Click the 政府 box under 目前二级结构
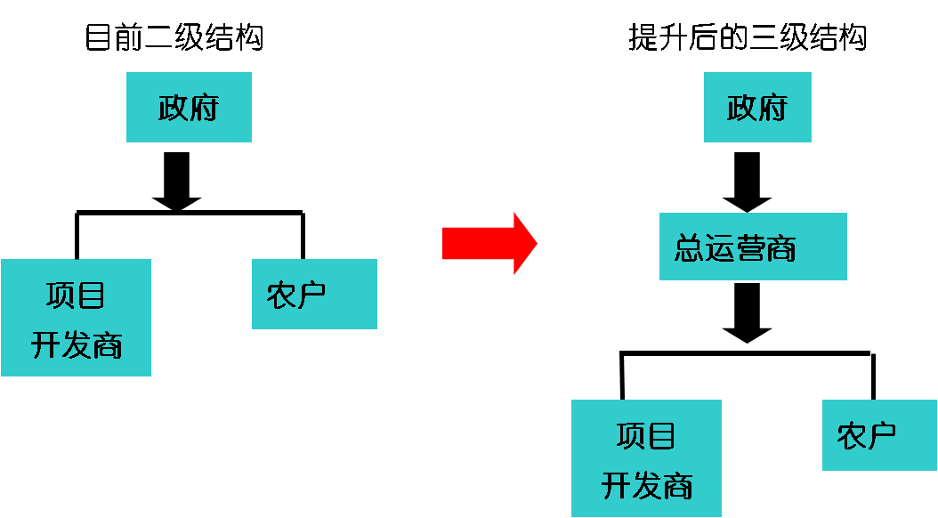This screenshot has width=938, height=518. (x=189, y=108)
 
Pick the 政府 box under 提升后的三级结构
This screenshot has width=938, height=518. (x=757, y=108)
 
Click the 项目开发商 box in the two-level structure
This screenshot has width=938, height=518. (x=76, y=318)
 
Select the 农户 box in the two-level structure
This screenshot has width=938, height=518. (x=314, y=294)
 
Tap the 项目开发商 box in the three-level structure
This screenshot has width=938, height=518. (x=646, y=458)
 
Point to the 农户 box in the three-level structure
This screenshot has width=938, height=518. (x=879, y=435)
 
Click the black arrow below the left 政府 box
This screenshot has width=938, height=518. (x=177, y=181)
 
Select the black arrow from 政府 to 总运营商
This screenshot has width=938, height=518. (x=747, y=181)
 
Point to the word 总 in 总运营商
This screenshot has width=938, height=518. (x=690, y=248)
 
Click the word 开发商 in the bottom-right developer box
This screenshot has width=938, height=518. (x=647, y=486)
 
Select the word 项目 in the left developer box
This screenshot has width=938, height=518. (x=77, y=294)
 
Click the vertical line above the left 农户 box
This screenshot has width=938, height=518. (x=303, y=235)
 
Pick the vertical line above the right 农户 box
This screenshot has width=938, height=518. (x=872, y=376)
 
